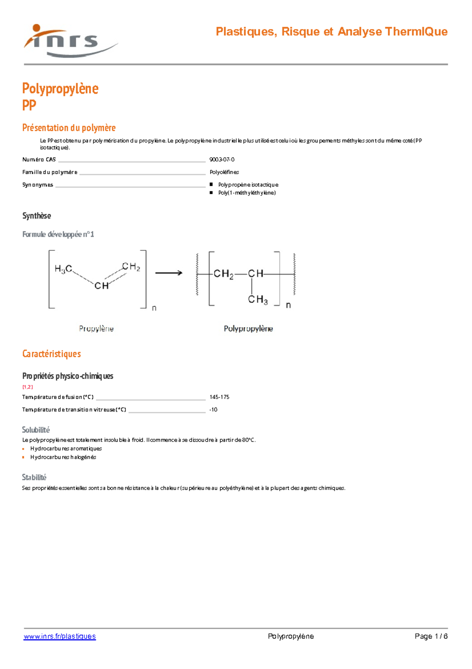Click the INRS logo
coord(69,41)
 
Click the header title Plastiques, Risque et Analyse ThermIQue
coord(331,32)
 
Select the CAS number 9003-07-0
coord(222,160)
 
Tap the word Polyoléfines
coord(224,172)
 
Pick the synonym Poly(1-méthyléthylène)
coord(247,193)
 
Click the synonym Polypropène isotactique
coord(248,185)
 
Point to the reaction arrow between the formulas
coord(169,273)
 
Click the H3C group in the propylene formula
coord(63,269)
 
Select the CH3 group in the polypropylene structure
coord(258,300)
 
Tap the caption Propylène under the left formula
coord(96,329)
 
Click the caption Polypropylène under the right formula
coord(248,329)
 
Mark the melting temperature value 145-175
coord(219,397)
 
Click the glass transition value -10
coord(213,410)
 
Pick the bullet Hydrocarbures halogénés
coord(63,457)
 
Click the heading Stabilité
coord(34,478)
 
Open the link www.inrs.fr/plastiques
coord(60,636)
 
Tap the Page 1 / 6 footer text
coord(431,636)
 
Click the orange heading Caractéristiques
coord(52,354)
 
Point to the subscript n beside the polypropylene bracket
coord(288,305)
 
